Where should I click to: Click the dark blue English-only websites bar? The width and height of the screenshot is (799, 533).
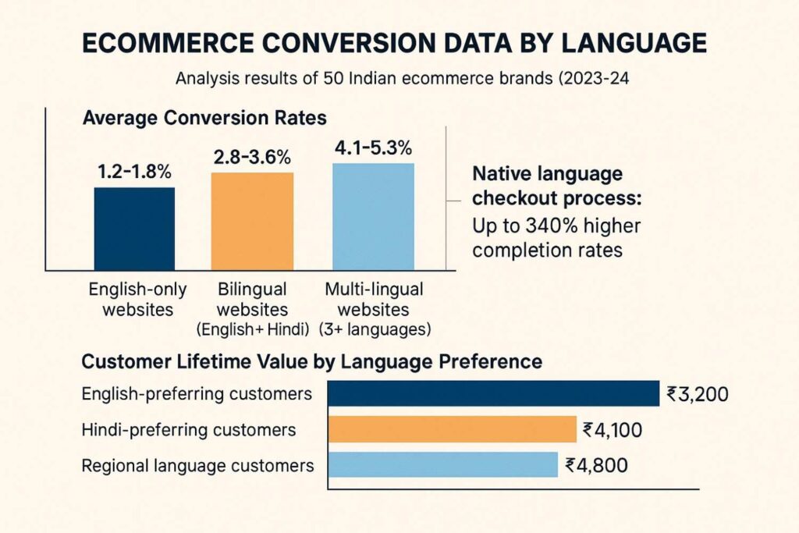[x=134, y=227]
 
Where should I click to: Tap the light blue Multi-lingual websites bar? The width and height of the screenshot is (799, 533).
[x=373, y=215]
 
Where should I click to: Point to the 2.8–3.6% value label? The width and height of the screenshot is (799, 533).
[x=252, y=157]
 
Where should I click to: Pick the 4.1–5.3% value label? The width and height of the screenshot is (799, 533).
[x=374, y=147]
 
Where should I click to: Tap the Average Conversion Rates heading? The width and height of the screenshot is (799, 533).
[x=204, y=119]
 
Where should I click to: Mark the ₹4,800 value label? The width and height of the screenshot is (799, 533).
[x=594, y=466]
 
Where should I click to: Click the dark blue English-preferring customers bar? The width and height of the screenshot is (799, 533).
[x=493, y=393]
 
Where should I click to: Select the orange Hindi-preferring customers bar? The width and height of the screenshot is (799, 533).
[x=451, y=429]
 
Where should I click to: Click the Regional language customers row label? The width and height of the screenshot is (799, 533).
[x=197, y=466]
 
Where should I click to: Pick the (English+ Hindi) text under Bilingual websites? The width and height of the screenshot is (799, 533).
[x=252, y=329]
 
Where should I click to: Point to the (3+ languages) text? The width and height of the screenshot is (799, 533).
[x=375, y=329]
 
